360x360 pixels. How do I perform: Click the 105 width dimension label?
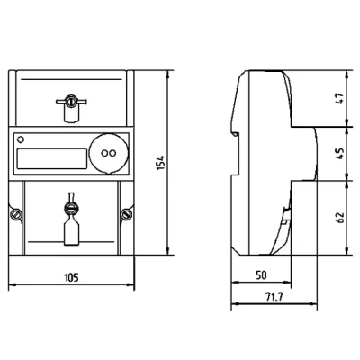click(71, 277)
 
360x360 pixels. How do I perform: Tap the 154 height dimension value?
click(161, 163)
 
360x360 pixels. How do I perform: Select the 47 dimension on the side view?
click(340, 99)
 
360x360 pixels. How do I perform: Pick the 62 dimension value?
click(340, 217)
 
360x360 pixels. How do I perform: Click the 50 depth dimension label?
click(261, 274)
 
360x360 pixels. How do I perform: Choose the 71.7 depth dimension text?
click(274, 297)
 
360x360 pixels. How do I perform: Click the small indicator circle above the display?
click(21, 139)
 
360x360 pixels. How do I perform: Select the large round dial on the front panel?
click(109, 153)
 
